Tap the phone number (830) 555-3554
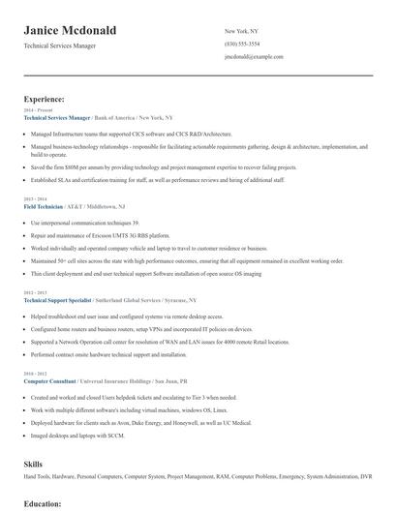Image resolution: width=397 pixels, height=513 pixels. [x=241, y=44]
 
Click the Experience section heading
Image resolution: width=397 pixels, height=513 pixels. [x=45, y=99]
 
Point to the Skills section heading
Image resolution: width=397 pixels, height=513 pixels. [x=34, y=465]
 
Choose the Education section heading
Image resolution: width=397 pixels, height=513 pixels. [x=43, y=504]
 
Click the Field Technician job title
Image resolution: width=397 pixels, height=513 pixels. [x=43, y=207]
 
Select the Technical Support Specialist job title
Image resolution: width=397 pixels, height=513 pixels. [x=60, y=301]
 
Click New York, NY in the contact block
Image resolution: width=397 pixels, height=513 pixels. [x=241, y=31]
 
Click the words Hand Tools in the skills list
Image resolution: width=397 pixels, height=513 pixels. [x=38, y=478]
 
